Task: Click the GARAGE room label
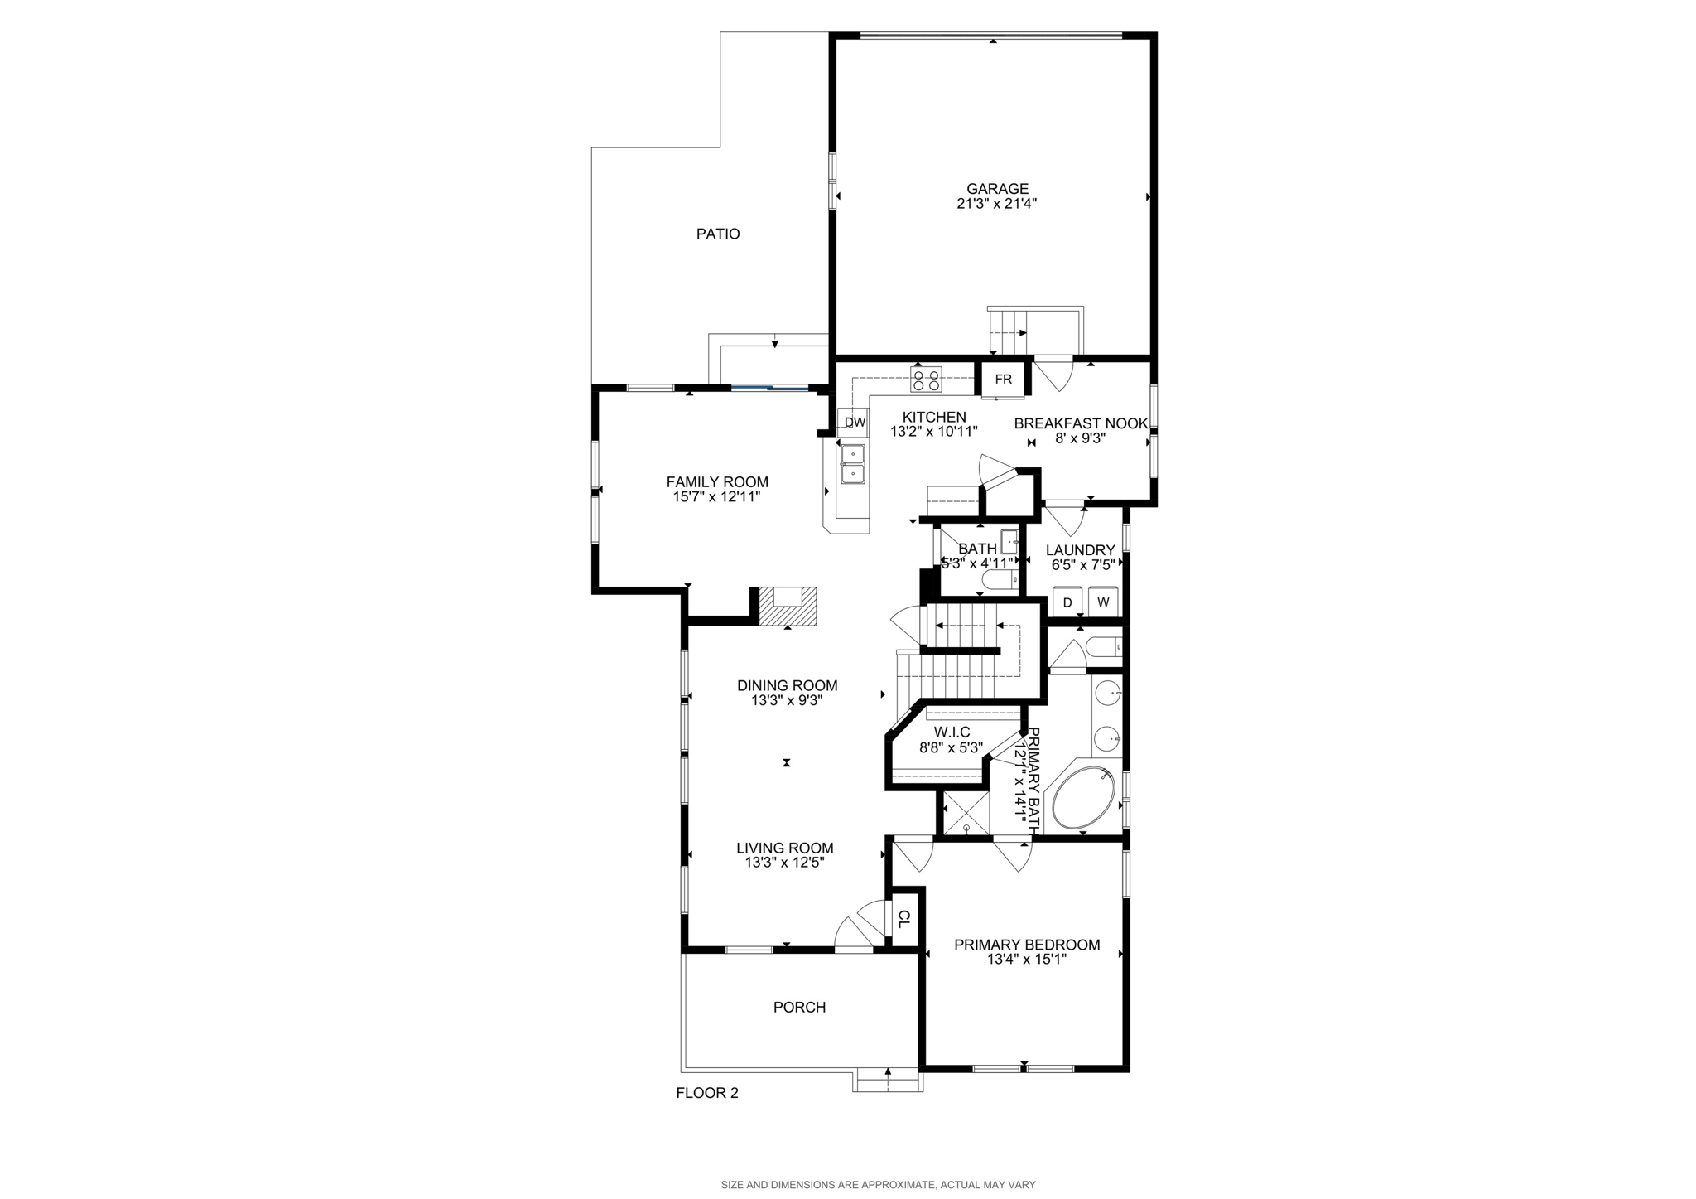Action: (997, 189)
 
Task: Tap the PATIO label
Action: (718, 234)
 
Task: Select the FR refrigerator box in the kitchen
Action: (1003, 380)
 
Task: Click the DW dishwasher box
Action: (855, 423)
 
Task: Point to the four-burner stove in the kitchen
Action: (926, 379)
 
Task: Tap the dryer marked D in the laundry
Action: (1067, 602)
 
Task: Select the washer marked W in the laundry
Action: (1103, 602)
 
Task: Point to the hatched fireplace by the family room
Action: (788, 606)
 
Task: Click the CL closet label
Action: (904, 918)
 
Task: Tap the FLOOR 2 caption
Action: (707, 1093)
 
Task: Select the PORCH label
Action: (799, 1008)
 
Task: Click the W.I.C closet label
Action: (952, 732)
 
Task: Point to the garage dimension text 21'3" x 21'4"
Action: (997, 204)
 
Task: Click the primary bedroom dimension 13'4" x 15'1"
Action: (1027, 960)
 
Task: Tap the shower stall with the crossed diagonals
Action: (966, 815)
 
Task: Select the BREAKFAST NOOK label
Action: (1081, 423)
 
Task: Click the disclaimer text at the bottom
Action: (878, 1185)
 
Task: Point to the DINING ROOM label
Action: (788, 685)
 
